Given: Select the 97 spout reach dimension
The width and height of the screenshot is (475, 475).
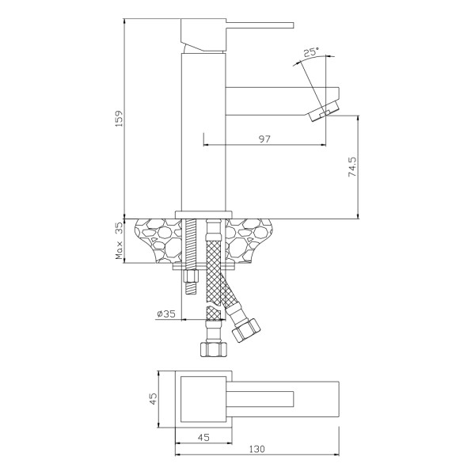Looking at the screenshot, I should pos(264,139).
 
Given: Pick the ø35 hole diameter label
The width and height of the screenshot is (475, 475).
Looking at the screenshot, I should pos(166,313).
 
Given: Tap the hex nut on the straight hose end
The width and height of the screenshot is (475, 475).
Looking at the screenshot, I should pos(211,348).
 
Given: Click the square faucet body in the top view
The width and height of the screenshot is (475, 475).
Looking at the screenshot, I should pos(203,397).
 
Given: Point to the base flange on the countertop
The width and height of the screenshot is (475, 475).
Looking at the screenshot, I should pos(203,214).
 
